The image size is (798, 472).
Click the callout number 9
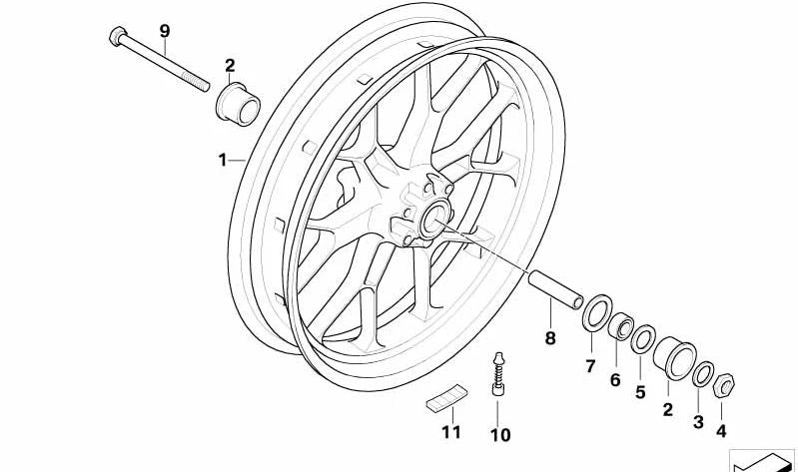coord(164,31)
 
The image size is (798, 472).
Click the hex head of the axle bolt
coord(118,36)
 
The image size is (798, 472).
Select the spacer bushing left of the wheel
coord(238,104)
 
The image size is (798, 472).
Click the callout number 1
coord(222,161)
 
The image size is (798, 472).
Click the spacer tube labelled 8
coord(555,290)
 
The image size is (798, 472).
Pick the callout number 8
coord(550,337)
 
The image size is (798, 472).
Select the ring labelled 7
coord(597,312)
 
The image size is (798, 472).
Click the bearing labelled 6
coord(621,326)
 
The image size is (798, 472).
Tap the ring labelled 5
coord(643,339)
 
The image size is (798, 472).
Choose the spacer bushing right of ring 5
coord(675,358)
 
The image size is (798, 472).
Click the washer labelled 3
coord(703,374)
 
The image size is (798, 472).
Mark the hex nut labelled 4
coord(724,385)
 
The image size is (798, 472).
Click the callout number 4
coord(721,431)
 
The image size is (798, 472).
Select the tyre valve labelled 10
coord(498,374)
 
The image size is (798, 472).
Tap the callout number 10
coord(499,435)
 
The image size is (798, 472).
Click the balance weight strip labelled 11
coord(446,397)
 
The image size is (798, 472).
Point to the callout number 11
coord(450,432)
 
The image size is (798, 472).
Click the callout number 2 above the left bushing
coord(230,66)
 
